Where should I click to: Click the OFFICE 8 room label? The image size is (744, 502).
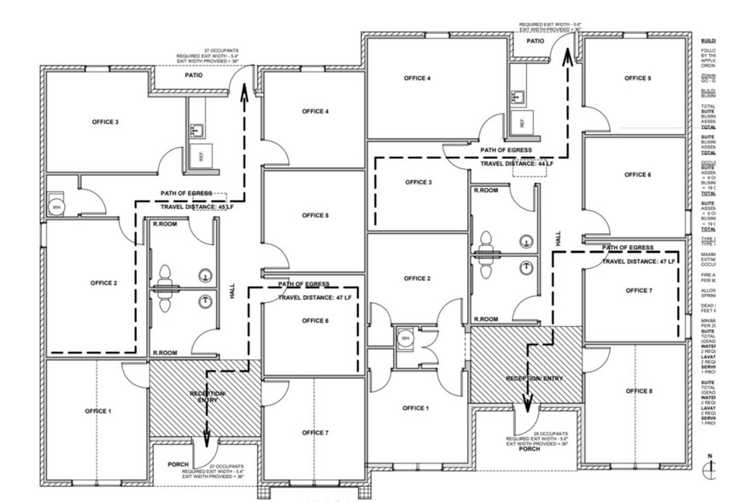[x=637, y=391]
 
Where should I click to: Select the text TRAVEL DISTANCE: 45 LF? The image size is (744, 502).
[x=196, y=207]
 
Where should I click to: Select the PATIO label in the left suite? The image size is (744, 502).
[x=193, y=75]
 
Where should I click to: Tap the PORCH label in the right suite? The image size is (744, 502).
[x=530, y=449]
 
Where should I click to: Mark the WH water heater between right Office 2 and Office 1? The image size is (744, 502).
[x=405, y=338]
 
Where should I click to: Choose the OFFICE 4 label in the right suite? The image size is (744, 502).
[x=417, y=79]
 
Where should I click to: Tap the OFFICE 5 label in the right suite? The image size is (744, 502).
[x=637, y=79]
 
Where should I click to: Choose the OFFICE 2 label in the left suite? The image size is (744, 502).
[x=104, y=283]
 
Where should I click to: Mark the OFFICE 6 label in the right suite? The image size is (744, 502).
[x=637, y=175]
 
